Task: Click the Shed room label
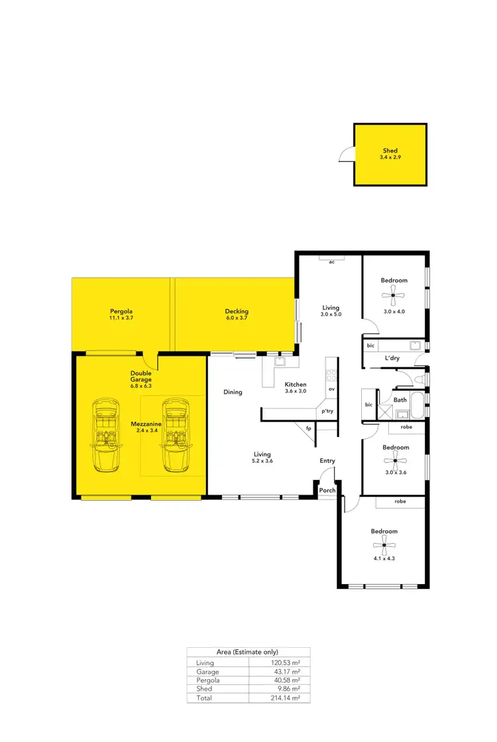tap(390, 151)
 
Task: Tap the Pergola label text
tap(121, 311)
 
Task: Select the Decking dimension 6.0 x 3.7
tap(237, 318)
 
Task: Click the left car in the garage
tap(105, 435)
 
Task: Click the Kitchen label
tap(296, 385)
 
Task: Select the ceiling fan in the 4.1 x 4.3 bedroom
tap(384, 548)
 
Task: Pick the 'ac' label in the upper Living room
tap(331, 262)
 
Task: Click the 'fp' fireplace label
tap(309, 428)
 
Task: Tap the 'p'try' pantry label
tap(327, 411)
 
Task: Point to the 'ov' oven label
tap(331, 389)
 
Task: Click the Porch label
tap(327, 491)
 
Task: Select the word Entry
tap(327, 461)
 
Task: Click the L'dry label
tap(392, 359)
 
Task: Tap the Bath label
tap(400, 400)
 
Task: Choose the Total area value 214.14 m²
tap(287, 698)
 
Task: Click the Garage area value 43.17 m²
tap(288, 671)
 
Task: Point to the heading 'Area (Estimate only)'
tap(248, 652)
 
